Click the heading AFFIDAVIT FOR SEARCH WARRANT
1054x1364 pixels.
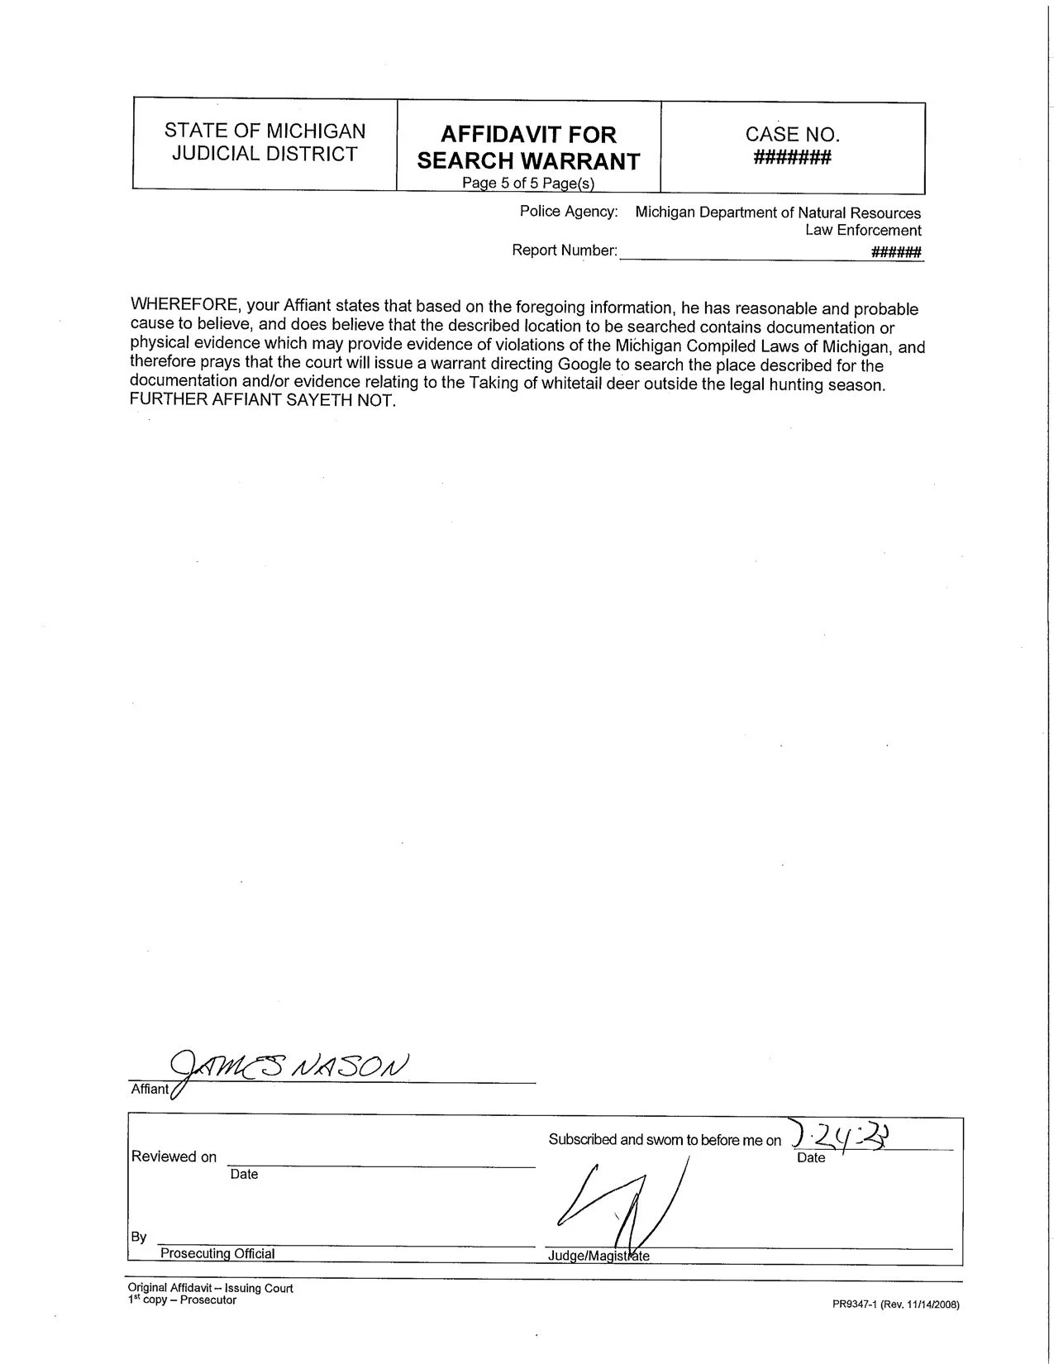528,147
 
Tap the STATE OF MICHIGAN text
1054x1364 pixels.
265,131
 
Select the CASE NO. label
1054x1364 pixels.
792,134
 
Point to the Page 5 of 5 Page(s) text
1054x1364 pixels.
528,184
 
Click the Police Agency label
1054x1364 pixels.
568,212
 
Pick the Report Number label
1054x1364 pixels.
565,250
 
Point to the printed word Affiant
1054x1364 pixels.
150,1089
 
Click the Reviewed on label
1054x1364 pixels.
174,1157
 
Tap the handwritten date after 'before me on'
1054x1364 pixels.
843,1136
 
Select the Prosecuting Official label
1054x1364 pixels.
217,1253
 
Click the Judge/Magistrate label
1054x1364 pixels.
599,1257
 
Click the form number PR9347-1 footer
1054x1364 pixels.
895,1305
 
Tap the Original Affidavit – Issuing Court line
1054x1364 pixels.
210,1288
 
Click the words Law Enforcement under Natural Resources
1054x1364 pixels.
863,230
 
